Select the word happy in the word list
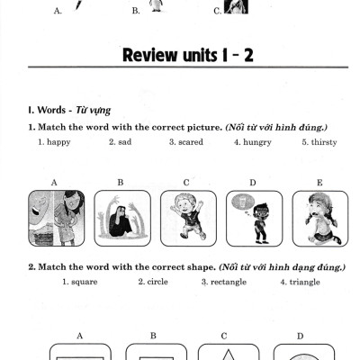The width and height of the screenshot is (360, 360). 55,141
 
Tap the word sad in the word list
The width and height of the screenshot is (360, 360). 120,141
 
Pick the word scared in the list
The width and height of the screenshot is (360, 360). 184,141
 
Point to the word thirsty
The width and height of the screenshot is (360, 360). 317,141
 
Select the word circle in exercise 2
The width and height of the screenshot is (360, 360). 153,282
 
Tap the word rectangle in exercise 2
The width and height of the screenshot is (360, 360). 224,282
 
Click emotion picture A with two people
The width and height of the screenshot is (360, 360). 57,218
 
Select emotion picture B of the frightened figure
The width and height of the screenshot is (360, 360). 121,218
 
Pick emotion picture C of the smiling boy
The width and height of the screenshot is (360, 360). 187,218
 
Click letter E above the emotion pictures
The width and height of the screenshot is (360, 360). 319,183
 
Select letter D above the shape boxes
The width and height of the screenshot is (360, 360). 300,335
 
